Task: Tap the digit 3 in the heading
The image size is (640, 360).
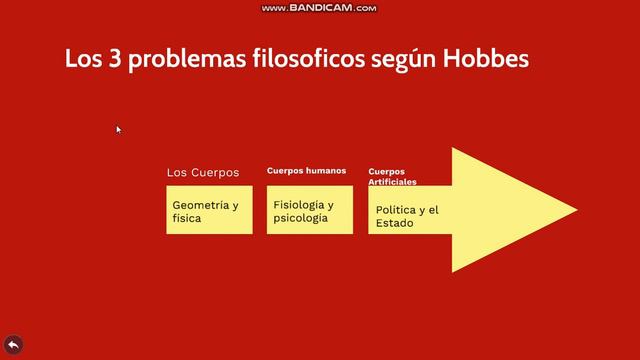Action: click(106, 59)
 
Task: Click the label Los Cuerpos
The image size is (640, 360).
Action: click(203, 173)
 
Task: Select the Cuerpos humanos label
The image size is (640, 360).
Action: click(306, 171)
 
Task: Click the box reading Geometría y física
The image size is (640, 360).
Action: click(209, 210)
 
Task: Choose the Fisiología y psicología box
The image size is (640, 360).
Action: click(309, 210)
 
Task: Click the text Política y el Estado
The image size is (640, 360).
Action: click(407, 216)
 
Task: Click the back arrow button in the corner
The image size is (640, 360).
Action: click(14, 345)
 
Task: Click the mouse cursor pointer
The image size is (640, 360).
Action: click(118, 128)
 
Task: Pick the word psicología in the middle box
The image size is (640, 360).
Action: click(300, 217)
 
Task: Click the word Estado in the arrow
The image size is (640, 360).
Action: click(395, 223)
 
